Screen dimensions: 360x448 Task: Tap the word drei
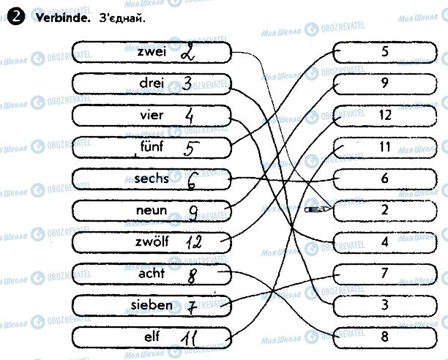152,84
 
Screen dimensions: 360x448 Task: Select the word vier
151,116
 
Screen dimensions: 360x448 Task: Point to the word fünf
152,147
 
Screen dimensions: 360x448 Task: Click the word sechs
152,179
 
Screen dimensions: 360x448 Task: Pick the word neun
152,211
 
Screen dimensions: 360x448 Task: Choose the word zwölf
150,242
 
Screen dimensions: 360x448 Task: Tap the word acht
152,274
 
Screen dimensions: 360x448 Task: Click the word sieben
152,305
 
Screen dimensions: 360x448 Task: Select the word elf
152,337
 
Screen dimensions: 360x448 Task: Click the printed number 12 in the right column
385,115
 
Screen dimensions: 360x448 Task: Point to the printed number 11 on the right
385,146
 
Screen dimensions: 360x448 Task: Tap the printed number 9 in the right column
385,83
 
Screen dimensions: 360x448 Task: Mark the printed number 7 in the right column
385,273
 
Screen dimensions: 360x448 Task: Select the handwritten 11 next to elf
191,338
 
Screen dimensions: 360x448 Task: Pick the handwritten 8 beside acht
193,276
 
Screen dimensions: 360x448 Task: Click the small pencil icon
316,209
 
